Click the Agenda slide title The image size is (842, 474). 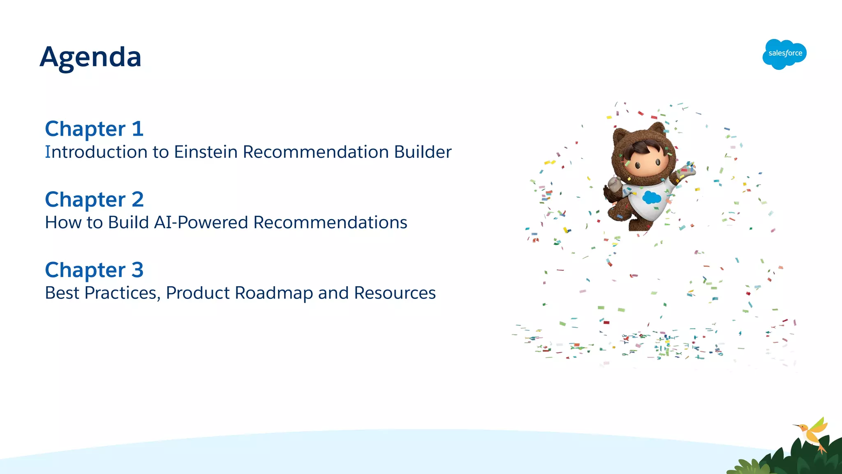tap(90, 57)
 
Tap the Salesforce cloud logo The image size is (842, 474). tap(784, 54)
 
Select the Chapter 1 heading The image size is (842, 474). tap(94, 129)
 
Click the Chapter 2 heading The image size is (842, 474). tap(94, 200)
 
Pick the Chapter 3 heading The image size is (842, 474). tap(94, 270)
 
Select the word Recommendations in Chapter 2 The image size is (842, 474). tap(330, 223)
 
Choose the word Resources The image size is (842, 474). tap(395, 293)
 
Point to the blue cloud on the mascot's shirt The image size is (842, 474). tap(652, 198)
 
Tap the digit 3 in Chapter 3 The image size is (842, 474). tap(137, 270)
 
